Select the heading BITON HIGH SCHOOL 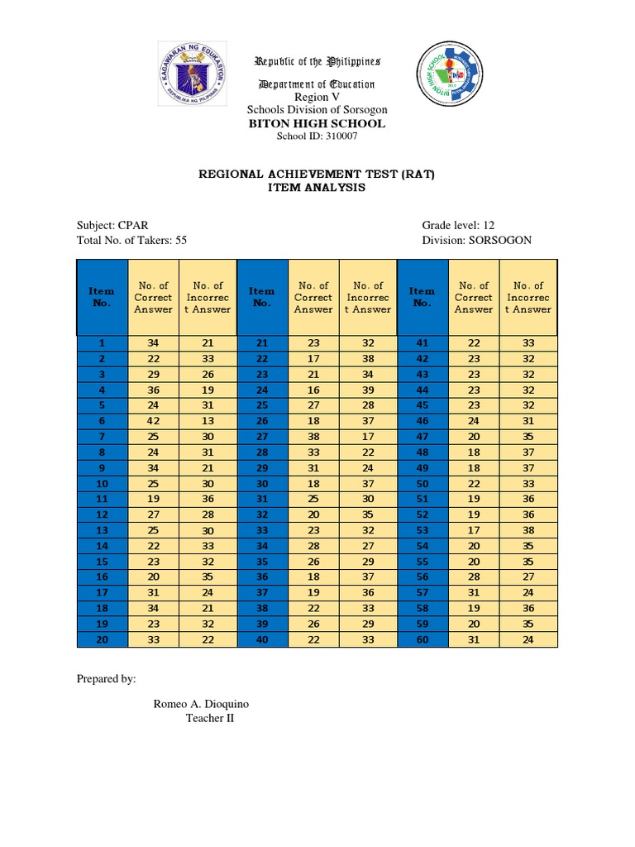[317, 123]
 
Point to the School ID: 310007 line [317, 136]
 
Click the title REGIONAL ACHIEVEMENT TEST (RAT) [317, 175]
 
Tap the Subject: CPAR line [112, 225]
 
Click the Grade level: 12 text [458, 225]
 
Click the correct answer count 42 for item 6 [153, 421]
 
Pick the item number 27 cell [262, 437]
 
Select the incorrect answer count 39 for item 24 [368, 390]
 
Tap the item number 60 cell [423, 640]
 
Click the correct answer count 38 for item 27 [313, 437]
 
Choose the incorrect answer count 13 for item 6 [208, 421]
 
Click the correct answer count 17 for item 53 [473, 530]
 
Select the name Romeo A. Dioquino [201, 704]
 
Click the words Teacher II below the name [210, 719]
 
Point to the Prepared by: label [106, 679]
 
